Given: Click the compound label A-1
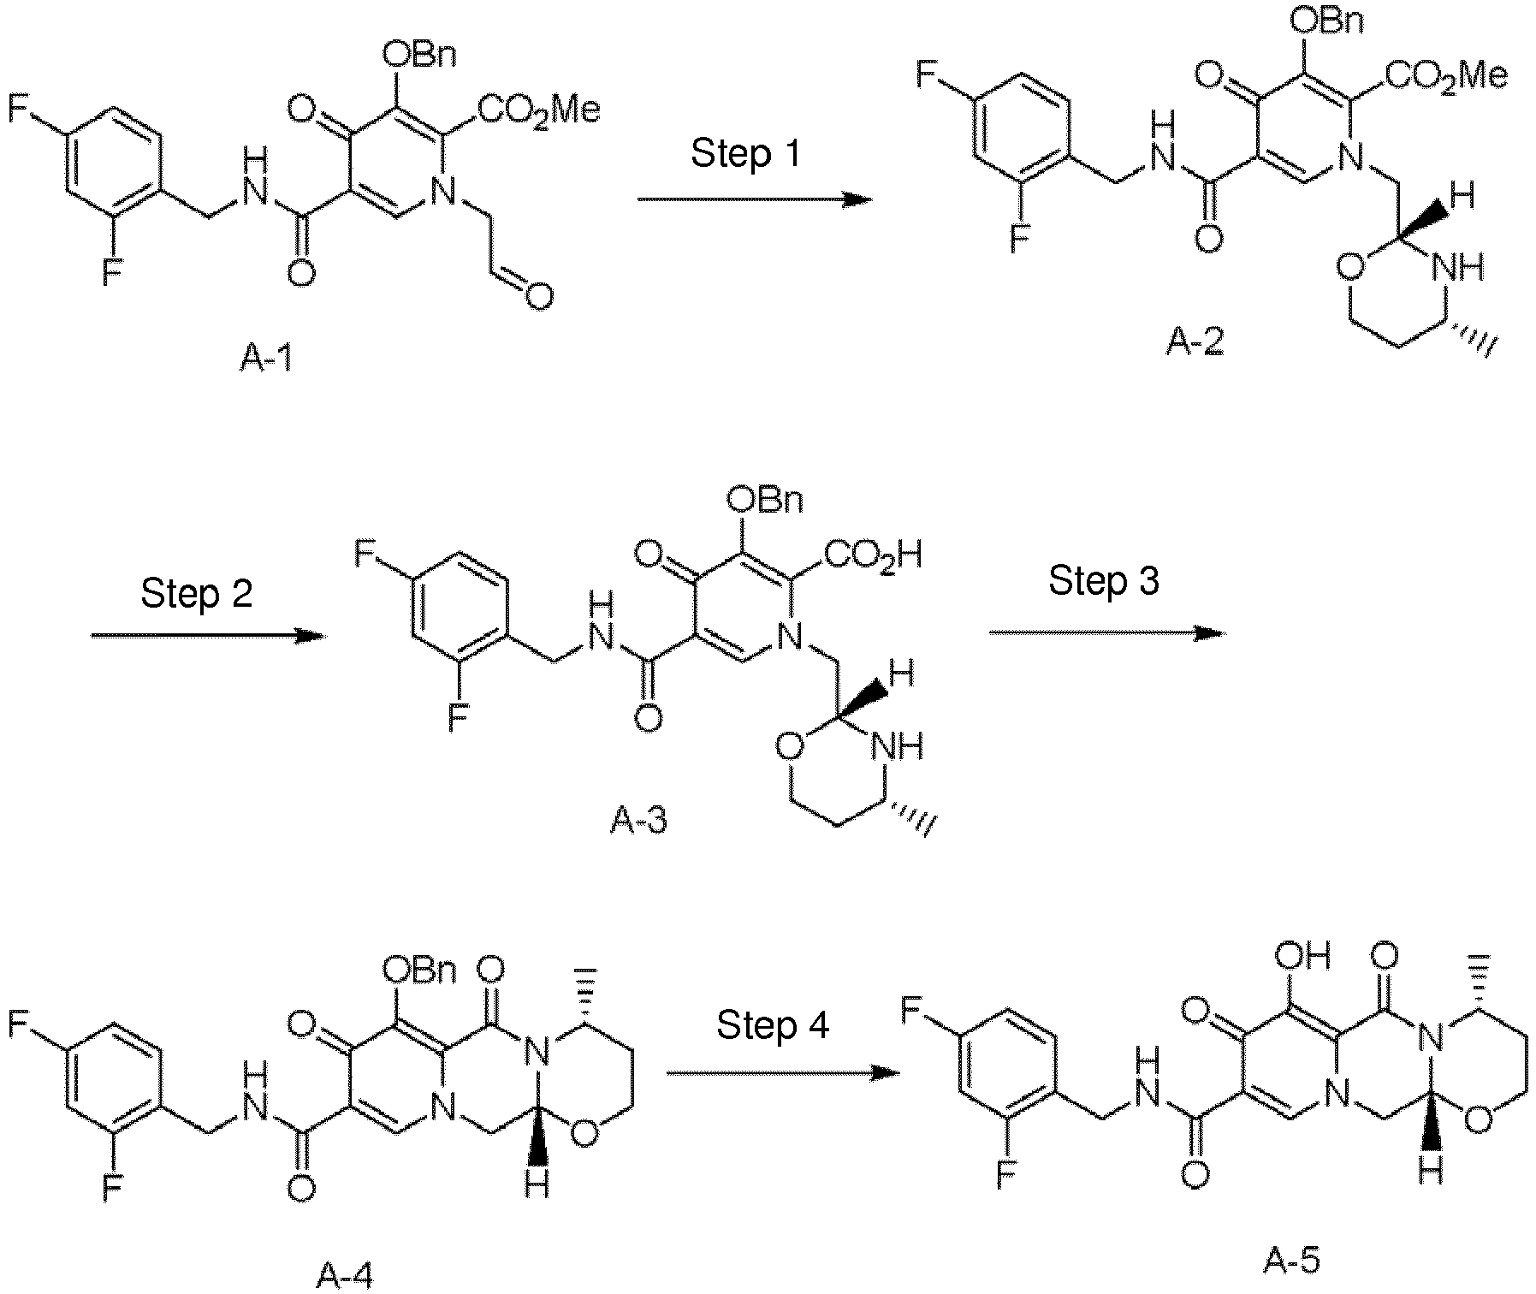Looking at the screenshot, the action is tap(265, 359).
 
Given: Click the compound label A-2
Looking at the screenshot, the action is tap(1194, 342).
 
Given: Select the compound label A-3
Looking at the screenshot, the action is tap(638, 820).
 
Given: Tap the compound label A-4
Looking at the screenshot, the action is tap(344, 1276).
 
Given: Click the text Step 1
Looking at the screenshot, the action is tap(745, 153).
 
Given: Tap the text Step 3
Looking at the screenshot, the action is tap(1104, 580).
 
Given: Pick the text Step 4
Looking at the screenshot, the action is tap(773, 1024).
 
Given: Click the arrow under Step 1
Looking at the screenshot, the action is tap(754, 200).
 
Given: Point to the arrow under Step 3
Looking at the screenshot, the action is tap(1106, 633).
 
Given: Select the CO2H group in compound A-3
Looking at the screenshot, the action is tap(873, 556).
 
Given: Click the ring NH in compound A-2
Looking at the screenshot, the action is tap(1458, 269).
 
